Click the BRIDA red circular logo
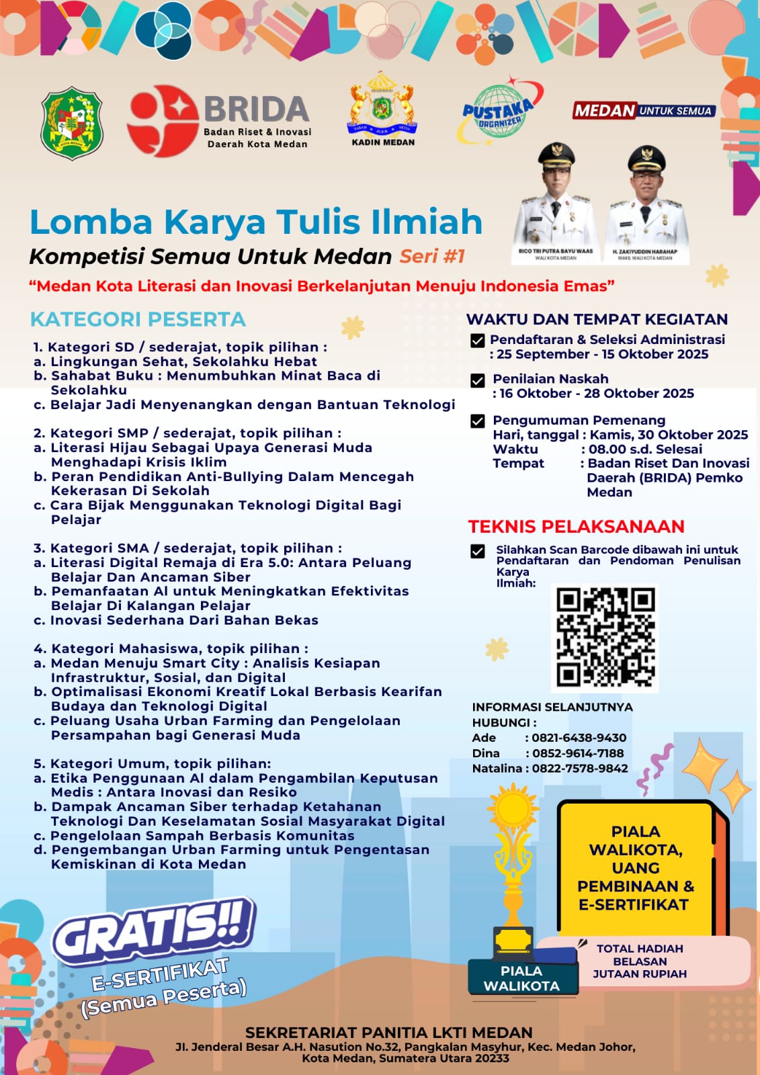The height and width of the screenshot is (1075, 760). pyautogui.click(x=163, y=121)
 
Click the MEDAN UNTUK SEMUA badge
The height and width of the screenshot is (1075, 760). pyautogui.click(x=644, y=110)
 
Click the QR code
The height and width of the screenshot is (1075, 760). pyautogui.click(x=605, y=638)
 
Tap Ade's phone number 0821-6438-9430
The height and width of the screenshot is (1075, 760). pyautogui.click(x=579, y=738)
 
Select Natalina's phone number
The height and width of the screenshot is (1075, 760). pyautogui.click(x=580, y=769)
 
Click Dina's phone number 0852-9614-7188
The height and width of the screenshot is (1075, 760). pyautogui.click(x=578, y=753)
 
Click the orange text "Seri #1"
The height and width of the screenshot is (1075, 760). pyautogui.click(x=432, y=256)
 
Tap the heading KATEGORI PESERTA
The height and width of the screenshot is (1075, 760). pyautogui.click(x=138, y=319)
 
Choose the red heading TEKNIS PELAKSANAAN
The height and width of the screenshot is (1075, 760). pyautogui.click(x=576, y=526)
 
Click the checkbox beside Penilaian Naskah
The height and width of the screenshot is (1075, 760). pyautogui.click(x=478, y=381)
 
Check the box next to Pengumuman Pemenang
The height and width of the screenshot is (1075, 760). pyautogui.click(x=478, y=421)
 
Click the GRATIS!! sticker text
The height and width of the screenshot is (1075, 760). pyautogui.click(x=155, y=931)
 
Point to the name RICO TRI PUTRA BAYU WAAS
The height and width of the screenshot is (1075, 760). pyautogui.click(x=555, y=251)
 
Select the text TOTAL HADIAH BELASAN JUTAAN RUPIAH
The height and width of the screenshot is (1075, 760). pyautogui.click(x=640, y=961)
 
